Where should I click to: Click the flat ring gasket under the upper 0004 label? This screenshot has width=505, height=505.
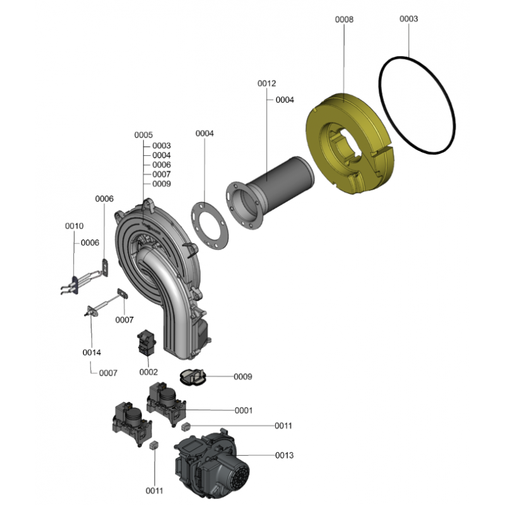click(x=198, y=225)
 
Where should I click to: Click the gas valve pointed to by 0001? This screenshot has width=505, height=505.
click(x=166, y=403)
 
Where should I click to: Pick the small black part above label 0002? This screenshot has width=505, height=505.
click(x=147, y=343)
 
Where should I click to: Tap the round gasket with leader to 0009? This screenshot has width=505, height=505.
click(x=193, y=377)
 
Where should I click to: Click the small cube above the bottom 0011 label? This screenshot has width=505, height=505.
click(x=154, y=445)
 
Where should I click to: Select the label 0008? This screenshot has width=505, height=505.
click(x=344, y=20)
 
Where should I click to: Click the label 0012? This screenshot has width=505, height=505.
click(x=266, y=83)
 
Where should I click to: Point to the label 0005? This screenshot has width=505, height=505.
click(x=143, y=135)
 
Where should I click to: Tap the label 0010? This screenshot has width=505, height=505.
click(x=74, y=226)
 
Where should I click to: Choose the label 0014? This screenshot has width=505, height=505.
click(x=92, y=353)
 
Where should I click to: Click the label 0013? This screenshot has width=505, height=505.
click(x=285, y=455)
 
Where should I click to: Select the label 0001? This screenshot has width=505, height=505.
click(x=244, y=410)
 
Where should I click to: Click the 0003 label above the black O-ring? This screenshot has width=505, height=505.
click(x=408, y=19)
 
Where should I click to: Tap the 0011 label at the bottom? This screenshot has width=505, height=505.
click(x=154, y=491)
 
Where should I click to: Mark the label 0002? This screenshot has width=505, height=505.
click(x=148, y=372)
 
